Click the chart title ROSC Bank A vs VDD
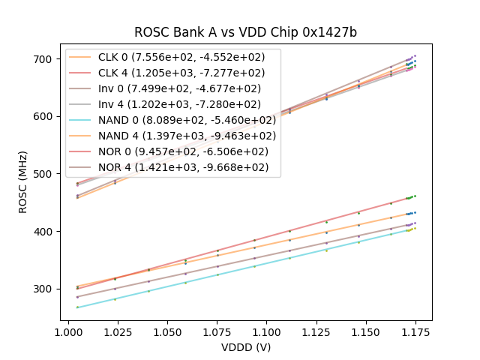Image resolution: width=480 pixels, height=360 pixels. pos(245,32)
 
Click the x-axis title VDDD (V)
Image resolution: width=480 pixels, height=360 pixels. pos(246,347)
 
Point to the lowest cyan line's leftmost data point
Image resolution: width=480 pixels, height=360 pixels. pos(77,307)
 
